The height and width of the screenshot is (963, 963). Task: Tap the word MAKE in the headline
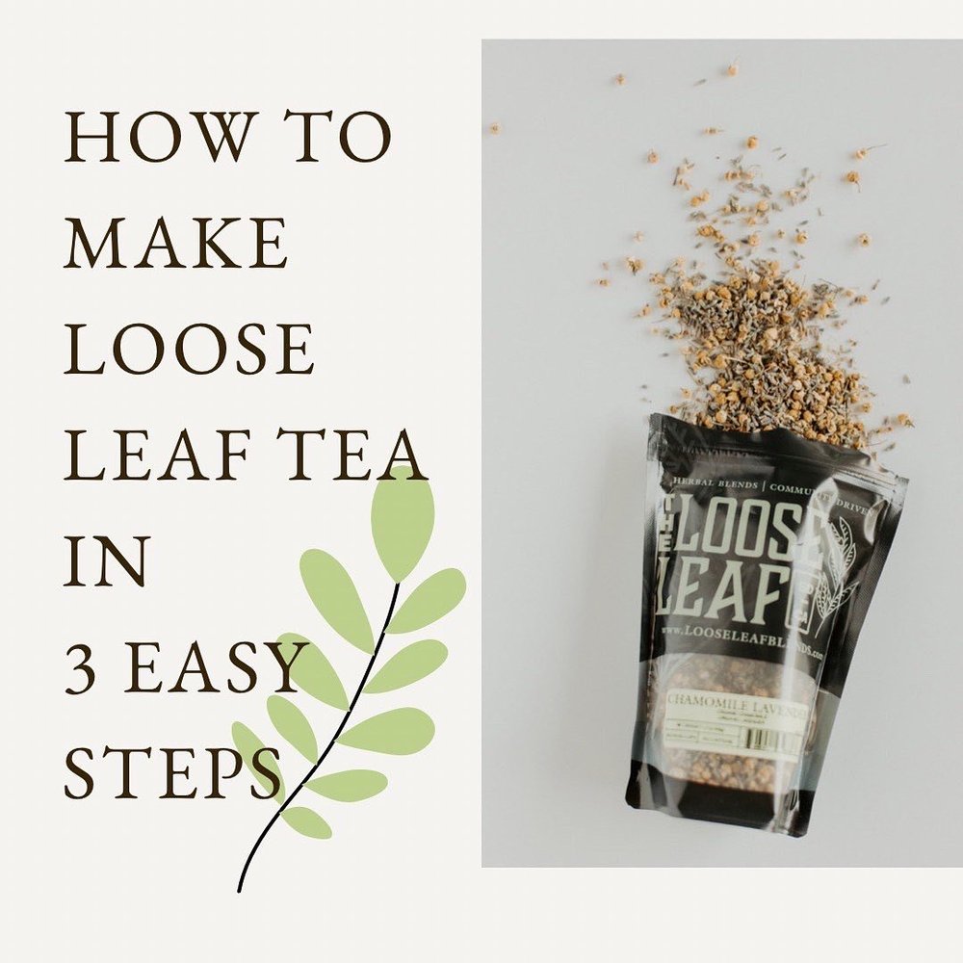(x=175, y=244)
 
